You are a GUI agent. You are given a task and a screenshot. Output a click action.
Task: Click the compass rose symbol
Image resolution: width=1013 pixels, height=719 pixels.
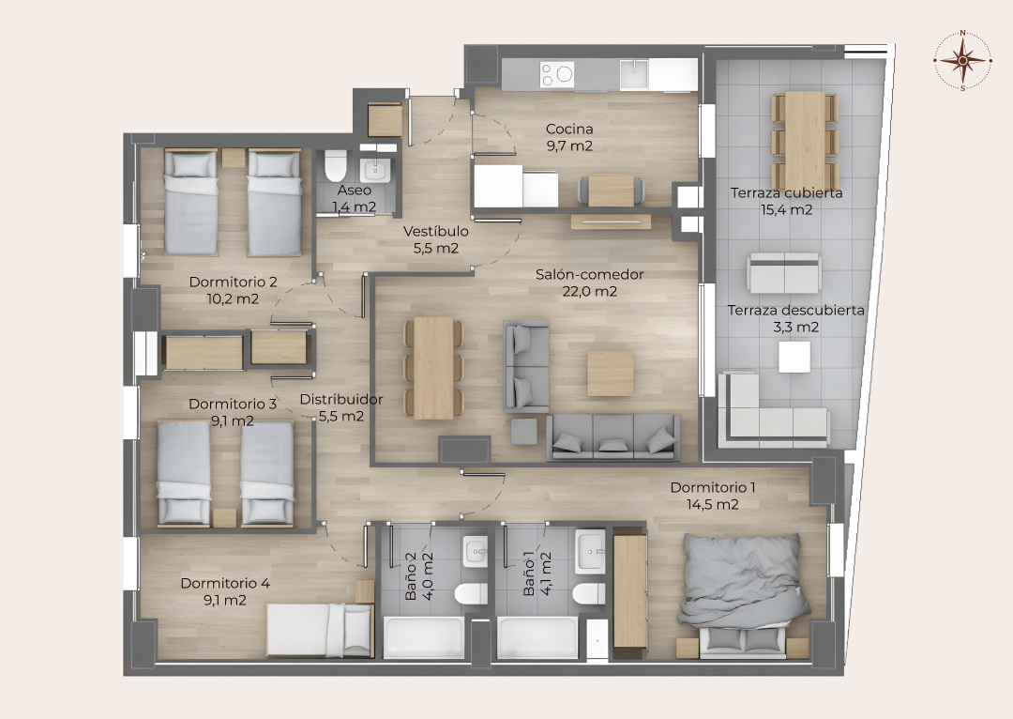(x=962, y=60)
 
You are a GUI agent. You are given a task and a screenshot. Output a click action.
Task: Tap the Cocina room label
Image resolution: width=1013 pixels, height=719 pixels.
(x=569, y=129)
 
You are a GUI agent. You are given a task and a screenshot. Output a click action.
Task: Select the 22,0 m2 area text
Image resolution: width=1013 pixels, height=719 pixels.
(x=589, y=292)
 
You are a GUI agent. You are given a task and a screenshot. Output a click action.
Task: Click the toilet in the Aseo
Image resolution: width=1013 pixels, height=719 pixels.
(x=336, y=165)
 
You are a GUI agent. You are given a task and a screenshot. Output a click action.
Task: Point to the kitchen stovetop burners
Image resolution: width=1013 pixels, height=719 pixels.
(x=557, y=74)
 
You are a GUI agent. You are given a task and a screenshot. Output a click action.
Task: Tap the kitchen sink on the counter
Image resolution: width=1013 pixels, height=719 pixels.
(x=634, y=74)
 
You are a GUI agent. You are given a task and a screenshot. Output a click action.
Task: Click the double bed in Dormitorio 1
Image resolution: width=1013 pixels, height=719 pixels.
(x=743, y=593)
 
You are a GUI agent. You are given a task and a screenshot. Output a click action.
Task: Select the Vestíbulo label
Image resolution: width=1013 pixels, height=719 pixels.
(x=436, y=231)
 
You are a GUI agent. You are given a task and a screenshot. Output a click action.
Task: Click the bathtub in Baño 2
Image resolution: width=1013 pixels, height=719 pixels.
(x=425, y=637)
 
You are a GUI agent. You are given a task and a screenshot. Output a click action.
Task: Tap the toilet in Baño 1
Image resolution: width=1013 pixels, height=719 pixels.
(x=588, y=594)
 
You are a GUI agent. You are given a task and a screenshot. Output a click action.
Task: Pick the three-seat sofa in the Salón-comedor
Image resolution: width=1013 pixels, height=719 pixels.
(x=613, y=438)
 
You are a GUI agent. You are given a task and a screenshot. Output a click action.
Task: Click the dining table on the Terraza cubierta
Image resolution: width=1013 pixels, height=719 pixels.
(x=805, y=140)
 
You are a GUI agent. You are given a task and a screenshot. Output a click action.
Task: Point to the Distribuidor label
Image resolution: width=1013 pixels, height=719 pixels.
(x=341, y=400)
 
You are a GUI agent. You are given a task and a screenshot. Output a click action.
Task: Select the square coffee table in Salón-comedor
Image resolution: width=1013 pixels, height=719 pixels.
(x=610, y=373)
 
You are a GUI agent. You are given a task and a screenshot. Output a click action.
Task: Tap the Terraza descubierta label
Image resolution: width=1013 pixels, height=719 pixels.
(x=796, y=310)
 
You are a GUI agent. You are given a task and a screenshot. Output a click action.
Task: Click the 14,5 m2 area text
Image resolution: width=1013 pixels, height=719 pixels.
(x=712, y=504)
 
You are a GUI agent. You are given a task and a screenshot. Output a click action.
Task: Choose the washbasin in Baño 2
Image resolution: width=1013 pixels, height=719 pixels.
(x=475, y=552)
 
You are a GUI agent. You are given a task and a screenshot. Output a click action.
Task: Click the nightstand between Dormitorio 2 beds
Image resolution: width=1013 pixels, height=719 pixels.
(x=234, y=158)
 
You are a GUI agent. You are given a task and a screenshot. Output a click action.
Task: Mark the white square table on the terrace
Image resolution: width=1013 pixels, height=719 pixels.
(x=794, y=357)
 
